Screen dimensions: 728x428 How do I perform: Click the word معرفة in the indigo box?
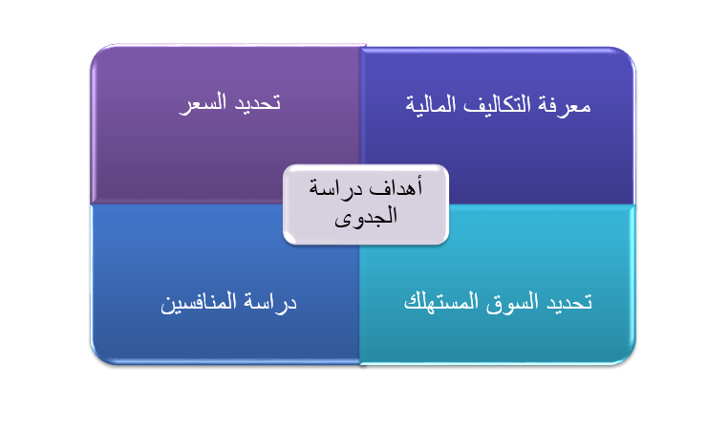(x=564, y=105)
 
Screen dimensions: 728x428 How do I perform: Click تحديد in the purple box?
(x=257, y=102)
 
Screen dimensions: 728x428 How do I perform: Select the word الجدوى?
(x=366, y=216)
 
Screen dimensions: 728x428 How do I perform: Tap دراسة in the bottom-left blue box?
(x=269, y=303)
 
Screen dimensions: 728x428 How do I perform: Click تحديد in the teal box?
(x=569, y=302)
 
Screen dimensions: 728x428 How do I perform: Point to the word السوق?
(x=512, y=303)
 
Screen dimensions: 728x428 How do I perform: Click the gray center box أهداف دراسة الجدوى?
(x=366, y=204)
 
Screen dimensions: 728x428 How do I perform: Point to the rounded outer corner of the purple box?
(x=98, y=53)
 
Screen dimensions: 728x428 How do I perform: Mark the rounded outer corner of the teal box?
(x=628, y=357)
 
